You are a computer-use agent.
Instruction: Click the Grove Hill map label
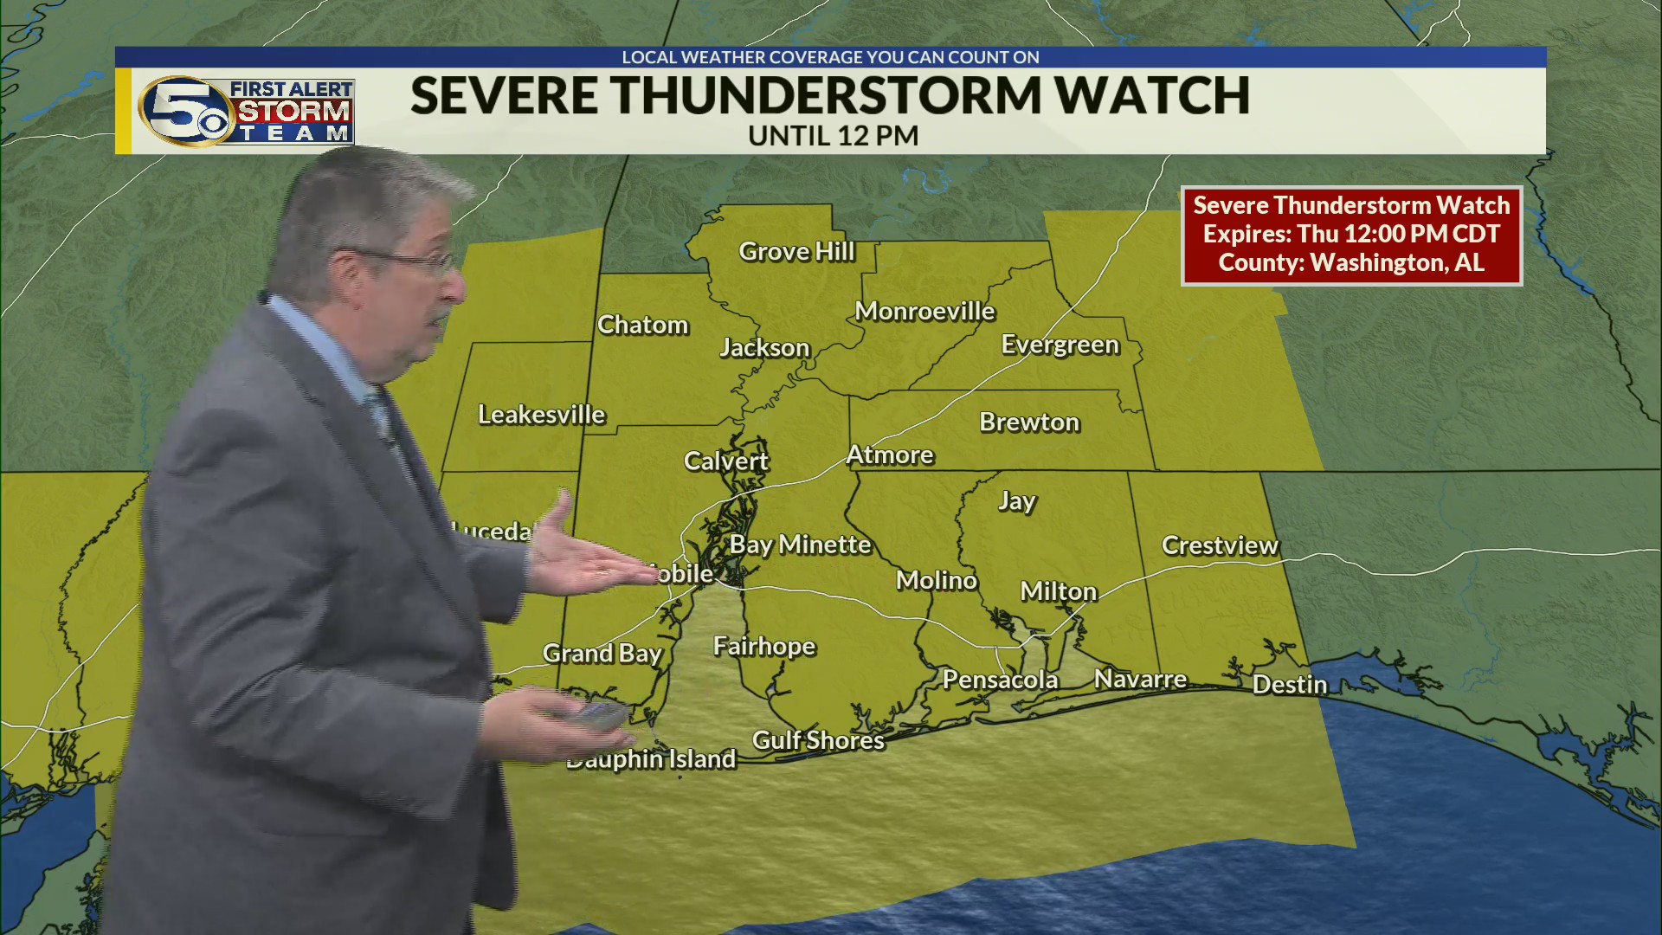pos(796,252)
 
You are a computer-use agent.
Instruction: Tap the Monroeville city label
pos(924,312)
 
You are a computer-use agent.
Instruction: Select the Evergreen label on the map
pos(1060,345)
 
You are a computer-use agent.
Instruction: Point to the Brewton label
pos(1029,422)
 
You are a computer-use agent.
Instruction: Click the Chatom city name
pos(642,326)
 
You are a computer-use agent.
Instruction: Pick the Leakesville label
pos(541,415)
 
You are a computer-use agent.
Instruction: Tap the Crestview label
pos(1219,545)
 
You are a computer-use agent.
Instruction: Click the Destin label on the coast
pos(1289,685)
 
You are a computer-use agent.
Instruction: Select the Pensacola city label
pos(1000,680)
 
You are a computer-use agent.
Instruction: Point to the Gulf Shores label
pos(818,741)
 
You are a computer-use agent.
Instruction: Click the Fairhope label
pos(763,647)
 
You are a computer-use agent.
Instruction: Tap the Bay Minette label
pos(800,545)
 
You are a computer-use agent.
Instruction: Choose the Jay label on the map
pos(1016,501)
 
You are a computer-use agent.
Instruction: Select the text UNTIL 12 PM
pos(833,136)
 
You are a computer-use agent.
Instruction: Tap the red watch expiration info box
pos(1351,235)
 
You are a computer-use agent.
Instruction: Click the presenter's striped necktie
pos(381,416)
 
